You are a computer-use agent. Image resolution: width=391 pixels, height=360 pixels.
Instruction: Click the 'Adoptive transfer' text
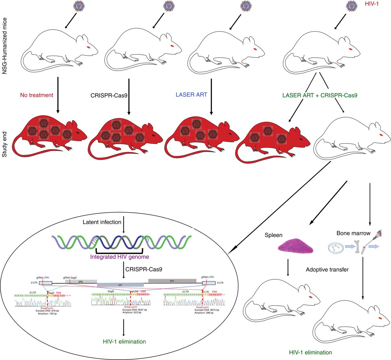coord(327,270)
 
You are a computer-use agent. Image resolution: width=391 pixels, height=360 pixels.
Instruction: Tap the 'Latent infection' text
coord(102,222)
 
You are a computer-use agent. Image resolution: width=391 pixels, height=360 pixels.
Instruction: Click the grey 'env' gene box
coord(172,280)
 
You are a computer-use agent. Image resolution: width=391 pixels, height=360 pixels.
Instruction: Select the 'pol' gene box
coord(120,284)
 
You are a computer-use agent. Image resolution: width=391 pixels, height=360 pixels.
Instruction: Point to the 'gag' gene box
coord(81,280)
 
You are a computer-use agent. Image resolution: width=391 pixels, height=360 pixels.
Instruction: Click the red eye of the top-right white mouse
coord(350,48)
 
